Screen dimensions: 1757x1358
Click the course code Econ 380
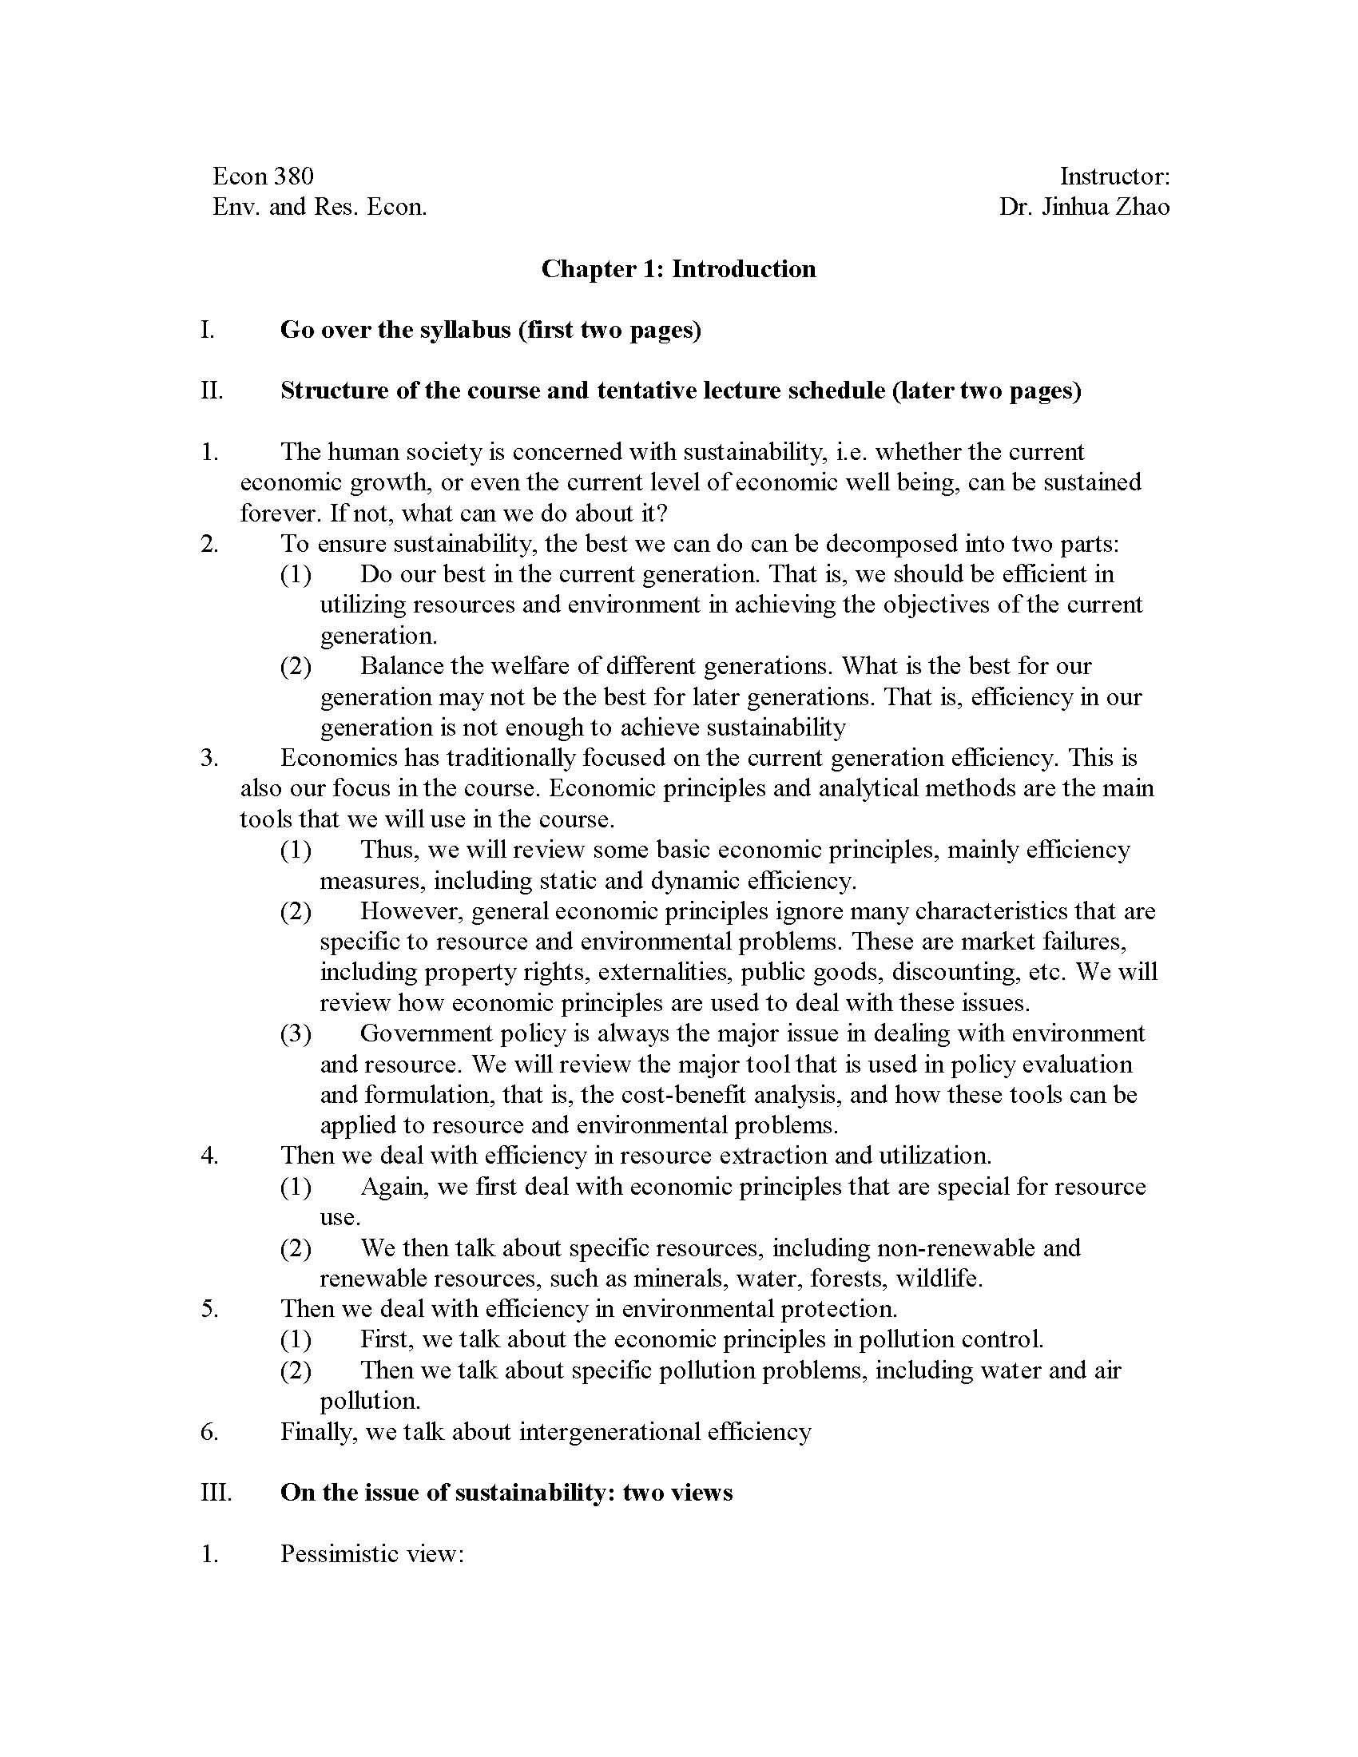click(x=262, y=176)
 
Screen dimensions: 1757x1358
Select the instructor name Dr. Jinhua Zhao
click(x=1084, y=207)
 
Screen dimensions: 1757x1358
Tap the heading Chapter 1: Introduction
click(x=678, y=268)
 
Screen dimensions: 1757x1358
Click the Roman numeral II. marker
click(x=212, y=391)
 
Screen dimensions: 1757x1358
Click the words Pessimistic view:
click(x=372, y=1553)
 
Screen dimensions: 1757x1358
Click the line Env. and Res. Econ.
click(x=320, y=207)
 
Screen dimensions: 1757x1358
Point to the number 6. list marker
click(x=209, y=1431)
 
